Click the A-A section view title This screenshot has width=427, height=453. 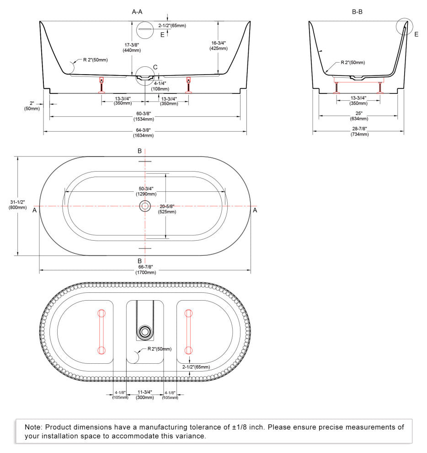[x=137, y=12]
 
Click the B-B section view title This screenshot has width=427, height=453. [x=357, y=12]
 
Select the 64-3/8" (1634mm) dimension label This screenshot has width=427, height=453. [x=143, y=133]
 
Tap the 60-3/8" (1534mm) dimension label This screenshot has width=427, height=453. [x=144, y=116]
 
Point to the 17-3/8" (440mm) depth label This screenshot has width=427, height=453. [x=132, y=48]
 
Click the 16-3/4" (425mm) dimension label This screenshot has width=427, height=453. [x=219, y=46]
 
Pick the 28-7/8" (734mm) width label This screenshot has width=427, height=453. [x=360, y=131]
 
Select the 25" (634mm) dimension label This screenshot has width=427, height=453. [x=359, y=116]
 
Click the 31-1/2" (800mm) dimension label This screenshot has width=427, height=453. [x=18, y=205]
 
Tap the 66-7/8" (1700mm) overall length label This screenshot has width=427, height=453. [x=145, y=270]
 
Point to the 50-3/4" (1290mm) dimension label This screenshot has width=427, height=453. [x=146, y=191]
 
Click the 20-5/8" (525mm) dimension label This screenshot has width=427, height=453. [x=167, y=209]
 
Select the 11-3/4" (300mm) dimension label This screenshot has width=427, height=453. [x=145, y=394]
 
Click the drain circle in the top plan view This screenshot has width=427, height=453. [x=145, y=206]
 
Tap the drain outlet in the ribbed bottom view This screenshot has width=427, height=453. [x=145, y=332]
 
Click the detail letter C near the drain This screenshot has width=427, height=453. [x=155, y=67]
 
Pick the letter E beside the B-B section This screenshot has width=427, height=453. [x=416, y=34]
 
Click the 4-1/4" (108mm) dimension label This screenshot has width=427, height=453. [x=160, y=86]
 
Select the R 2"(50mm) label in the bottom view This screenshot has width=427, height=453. [x=160, y=349]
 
